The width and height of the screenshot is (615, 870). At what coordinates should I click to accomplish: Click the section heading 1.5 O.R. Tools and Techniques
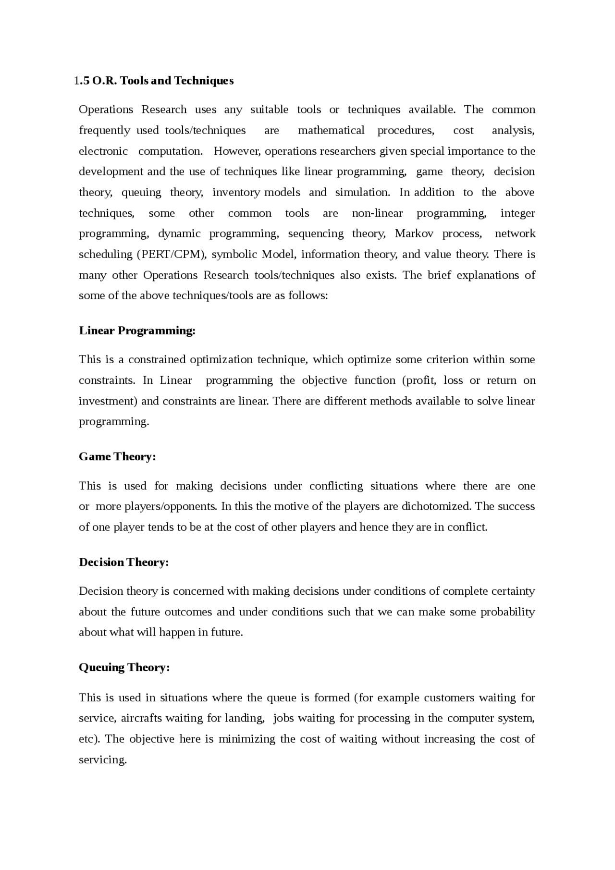point(154,81)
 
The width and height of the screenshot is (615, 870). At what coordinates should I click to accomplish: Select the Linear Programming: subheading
point(137,331)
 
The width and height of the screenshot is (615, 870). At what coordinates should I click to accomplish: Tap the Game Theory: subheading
point(117,456)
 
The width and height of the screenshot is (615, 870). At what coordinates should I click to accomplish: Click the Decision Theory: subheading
point(123,562)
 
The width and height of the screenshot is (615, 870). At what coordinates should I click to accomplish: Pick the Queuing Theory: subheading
point(124,667)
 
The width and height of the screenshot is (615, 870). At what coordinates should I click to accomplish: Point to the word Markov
point(414,233)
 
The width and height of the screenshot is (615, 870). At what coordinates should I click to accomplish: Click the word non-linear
point(377,213)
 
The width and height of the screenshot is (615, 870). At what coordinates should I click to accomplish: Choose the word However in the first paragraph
point(236,151)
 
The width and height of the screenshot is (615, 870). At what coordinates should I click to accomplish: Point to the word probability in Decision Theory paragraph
point(507,612)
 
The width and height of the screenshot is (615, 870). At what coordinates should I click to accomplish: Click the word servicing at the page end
point(102,760)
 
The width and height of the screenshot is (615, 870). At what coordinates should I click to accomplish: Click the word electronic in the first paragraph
point(103,151)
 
